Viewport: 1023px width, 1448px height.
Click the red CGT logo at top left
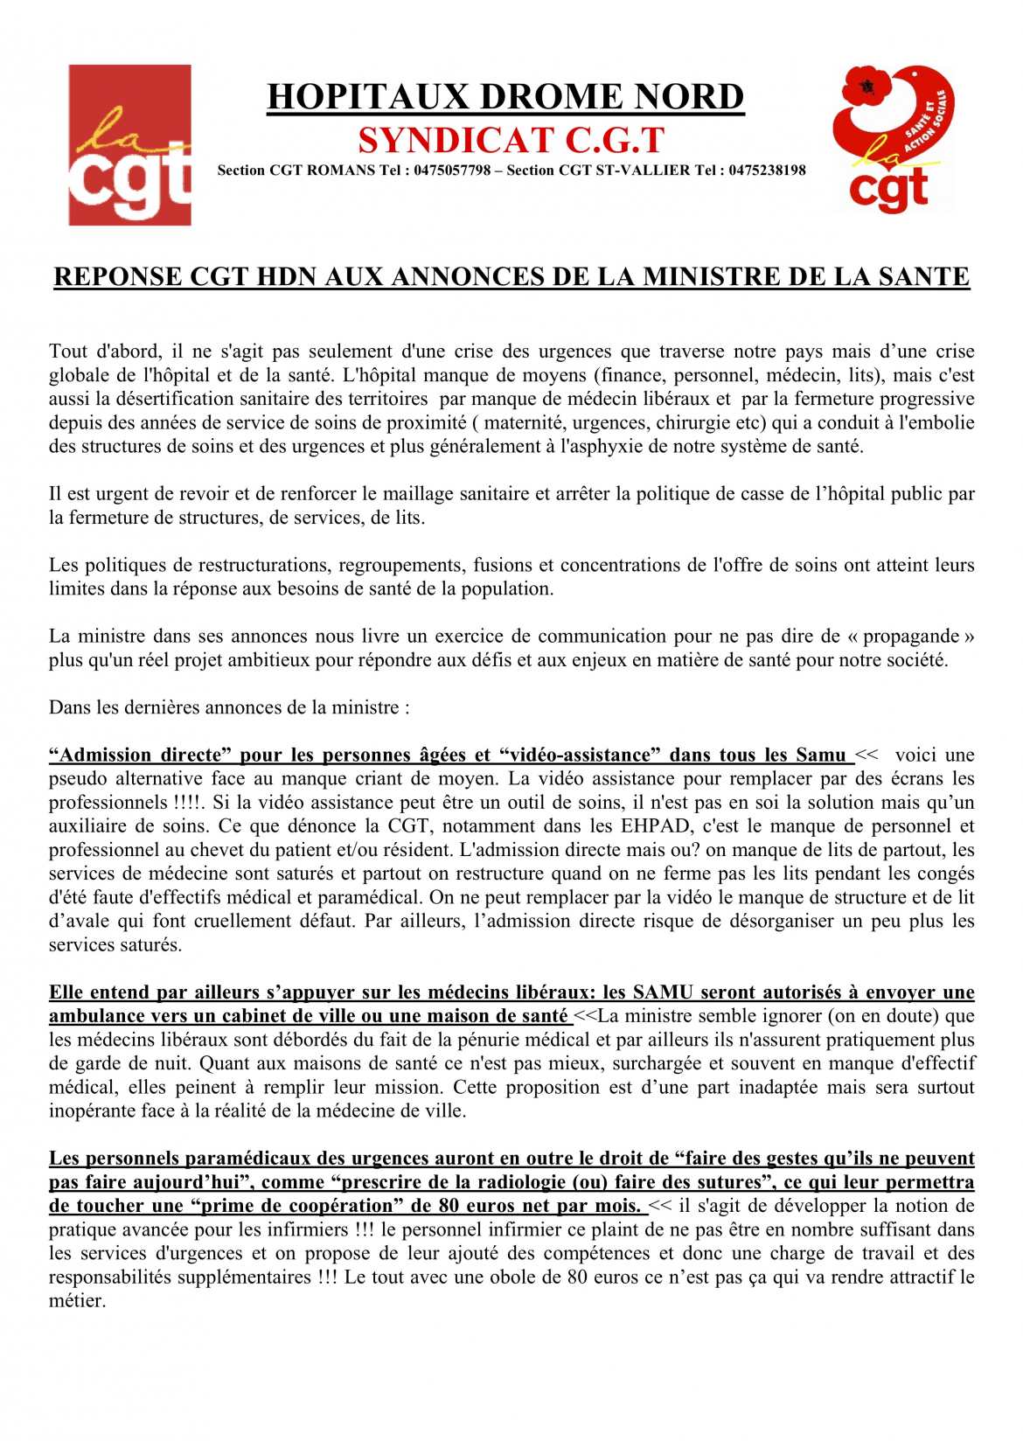[x=129, y=144]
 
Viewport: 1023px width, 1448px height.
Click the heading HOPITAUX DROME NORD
[x=505, y=97]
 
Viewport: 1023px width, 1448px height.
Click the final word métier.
[x=77, y=1301]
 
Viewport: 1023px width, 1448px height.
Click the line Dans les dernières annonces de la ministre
[x=229, y=707]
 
